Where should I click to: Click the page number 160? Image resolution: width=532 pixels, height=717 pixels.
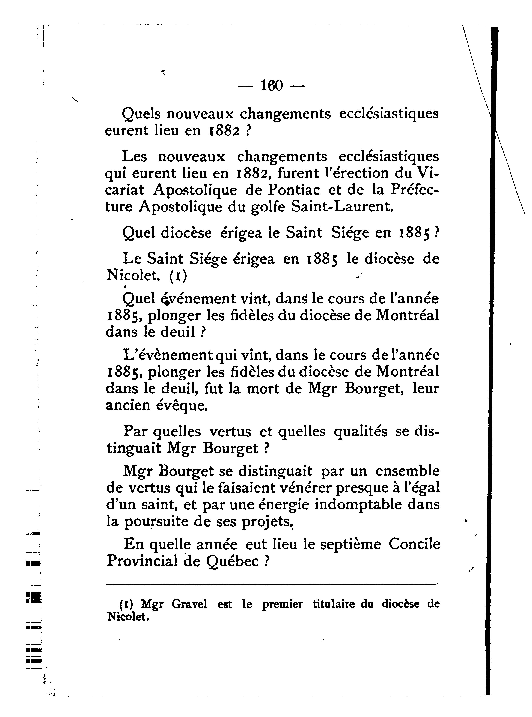click(272, 86)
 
